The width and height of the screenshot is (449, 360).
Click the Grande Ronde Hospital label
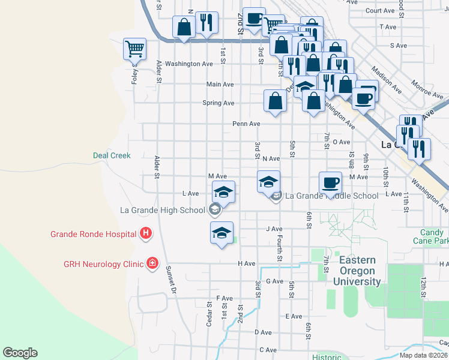93,234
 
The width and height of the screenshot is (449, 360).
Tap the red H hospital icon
145,233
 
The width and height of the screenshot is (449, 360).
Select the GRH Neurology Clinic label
104,263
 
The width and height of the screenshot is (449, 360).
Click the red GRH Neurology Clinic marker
152,263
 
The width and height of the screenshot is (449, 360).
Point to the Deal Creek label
112,155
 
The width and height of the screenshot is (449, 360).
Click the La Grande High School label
163,210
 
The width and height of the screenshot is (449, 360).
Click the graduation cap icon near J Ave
221,232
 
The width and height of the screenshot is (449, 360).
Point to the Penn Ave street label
246,124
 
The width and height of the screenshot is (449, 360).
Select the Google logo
20,353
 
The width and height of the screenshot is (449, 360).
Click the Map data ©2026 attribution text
422,355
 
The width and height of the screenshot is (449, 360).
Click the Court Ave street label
379,10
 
